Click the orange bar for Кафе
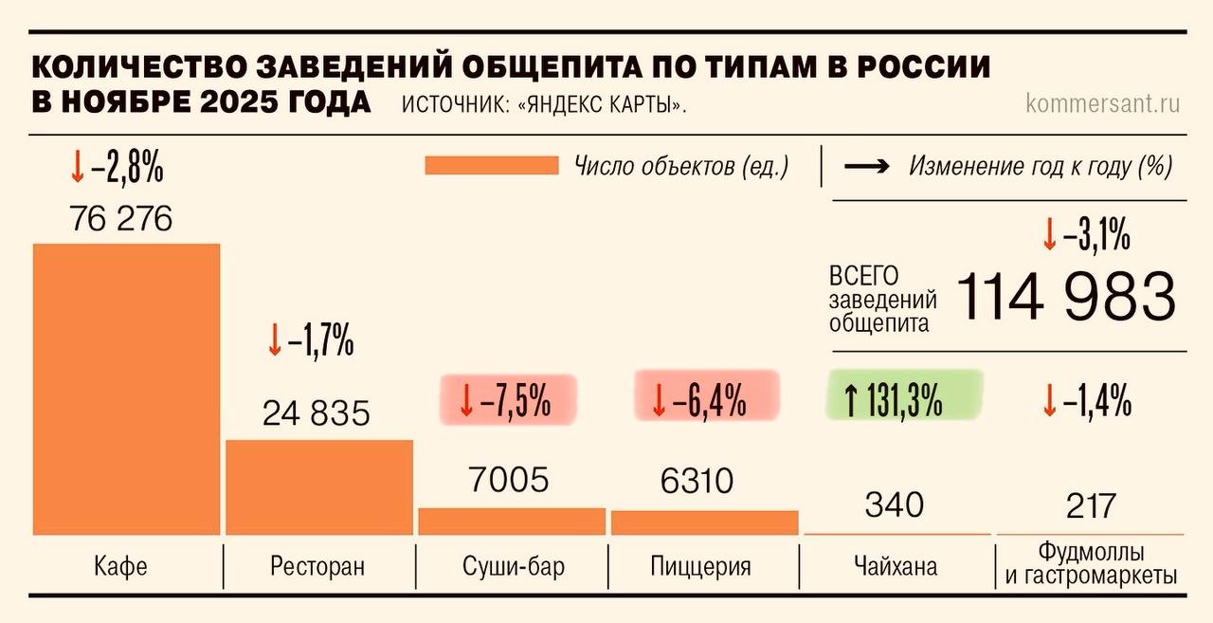(126, 389)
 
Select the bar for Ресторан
(319, 486)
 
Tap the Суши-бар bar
(512, 521)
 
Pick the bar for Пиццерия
(704, 522)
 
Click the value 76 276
(121, 220)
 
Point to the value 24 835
(317, 414)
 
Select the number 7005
(508, 481)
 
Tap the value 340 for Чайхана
(894, 504)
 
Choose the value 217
(1090, 505)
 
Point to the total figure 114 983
(1065, 296)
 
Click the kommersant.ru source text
(1103, 103)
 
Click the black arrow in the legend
(866, 167)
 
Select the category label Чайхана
(895, 567)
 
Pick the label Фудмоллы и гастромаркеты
(1090, 563)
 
